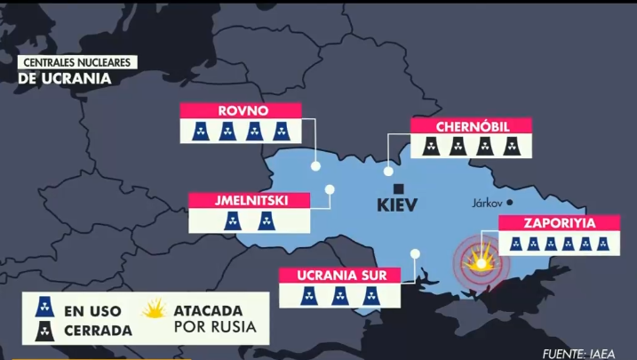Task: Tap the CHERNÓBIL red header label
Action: click(471, 126)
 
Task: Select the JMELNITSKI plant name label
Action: click(250, 201)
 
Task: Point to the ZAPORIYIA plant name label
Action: click(559, 223)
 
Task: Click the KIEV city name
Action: click(397, 207)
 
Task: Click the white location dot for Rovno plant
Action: click(315, 165)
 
